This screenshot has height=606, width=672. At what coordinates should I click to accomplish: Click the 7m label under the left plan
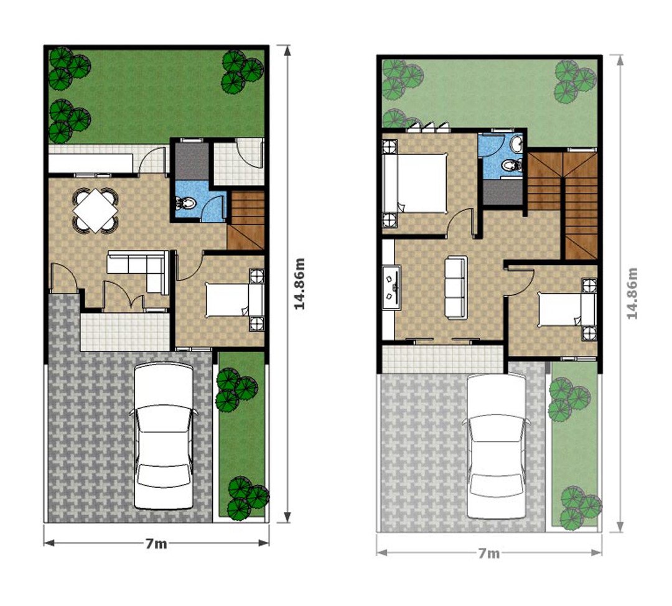pos(156,543)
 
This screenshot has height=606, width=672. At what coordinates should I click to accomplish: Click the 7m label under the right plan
pos(489,553)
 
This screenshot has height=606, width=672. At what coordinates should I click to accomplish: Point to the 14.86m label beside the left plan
pos(299,283)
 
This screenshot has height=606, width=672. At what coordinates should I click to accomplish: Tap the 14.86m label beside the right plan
pos(632,293)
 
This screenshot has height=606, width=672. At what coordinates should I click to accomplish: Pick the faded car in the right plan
pos(497,446)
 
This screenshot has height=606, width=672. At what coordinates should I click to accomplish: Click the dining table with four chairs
pos(96,210)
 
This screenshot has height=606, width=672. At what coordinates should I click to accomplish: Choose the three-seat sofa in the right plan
pos(456,287)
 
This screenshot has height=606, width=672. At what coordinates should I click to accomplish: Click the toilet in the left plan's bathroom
pos(185,203)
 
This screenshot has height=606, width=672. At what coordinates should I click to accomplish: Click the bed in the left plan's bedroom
pos(235,299)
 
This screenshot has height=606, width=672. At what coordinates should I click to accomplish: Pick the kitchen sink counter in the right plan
pos(392,287)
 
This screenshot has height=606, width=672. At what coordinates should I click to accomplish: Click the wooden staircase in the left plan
pos(246,220)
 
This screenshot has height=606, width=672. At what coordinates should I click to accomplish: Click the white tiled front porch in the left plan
pos(125,332)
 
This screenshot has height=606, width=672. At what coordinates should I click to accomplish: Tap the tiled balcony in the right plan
pos(442,359)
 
